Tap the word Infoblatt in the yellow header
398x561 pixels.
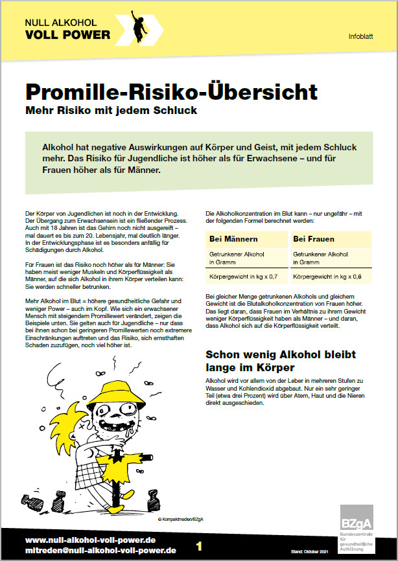pos(360,36)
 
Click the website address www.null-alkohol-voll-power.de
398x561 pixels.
pos(91,540)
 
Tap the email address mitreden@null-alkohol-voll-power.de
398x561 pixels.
pos(100,551)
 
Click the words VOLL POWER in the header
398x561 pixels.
pos(67,34)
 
